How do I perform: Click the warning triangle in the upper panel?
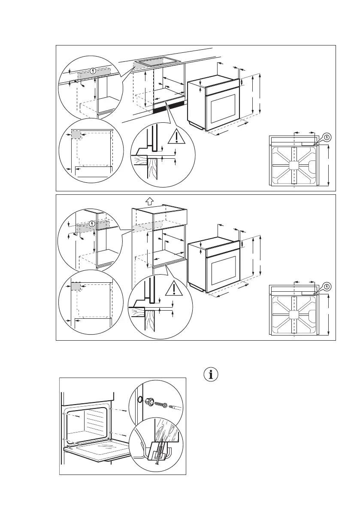click(175, 136)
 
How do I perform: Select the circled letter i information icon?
click(210, 374)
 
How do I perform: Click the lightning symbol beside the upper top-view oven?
click(327, 137)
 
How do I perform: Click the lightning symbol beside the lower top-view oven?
click(327, 286)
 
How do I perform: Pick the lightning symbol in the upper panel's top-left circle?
click(94, 71)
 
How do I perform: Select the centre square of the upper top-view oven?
click(294, 165)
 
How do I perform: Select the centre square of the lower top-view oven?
click(294, 315)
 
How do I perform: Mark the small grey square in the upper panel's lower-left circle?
click(76, 134)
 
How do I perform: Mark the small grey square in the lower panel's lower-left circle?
click(76, 286)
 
